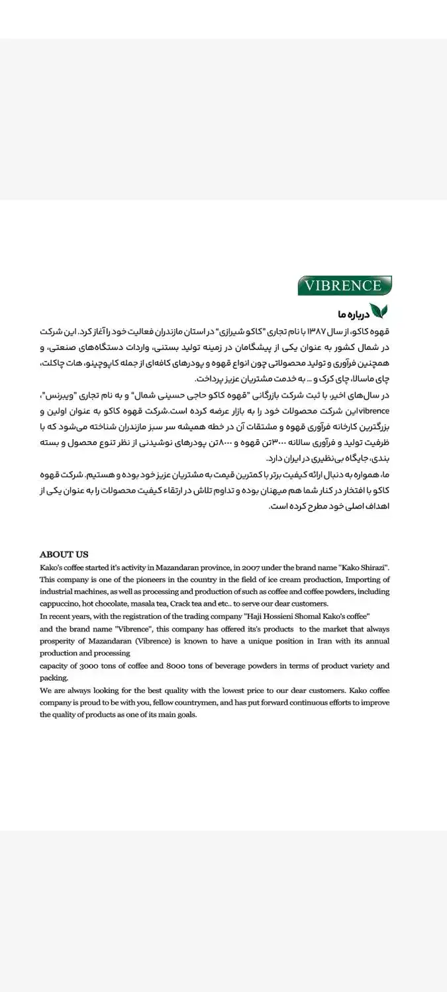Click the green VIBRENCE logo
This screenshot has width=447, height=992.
pos(344,286)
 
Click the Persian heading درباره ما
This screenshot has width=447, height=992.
pos(351,312)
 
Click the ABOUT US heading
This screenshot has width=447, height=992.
pos(64,554)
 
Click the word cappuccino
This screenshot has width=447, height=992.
pos(60,604)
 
